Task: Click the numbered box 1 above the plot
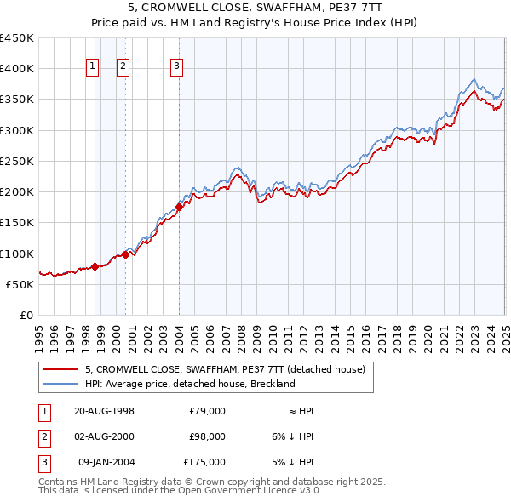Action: coord(92,67)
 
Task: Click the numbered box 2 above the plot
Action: coord(123,67)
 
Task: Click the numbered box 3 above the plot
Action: coord(176,67)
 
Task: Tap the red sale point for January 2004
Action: coord(180,206)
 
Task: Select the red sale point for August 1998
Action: coord(95,266)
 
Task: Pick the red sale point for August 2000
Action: coord(125,254)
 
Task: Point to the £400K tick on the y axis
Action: coord(17,69)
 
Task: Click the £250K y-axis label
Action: coord(17,161)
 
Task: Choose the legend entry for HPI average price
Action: coord(189,384)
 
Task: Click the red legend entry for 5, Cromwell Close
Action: coord(225,369)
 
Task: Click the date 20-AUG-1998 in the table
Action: coord(105,411)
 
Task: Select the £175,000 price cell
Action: coord(204,462)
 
